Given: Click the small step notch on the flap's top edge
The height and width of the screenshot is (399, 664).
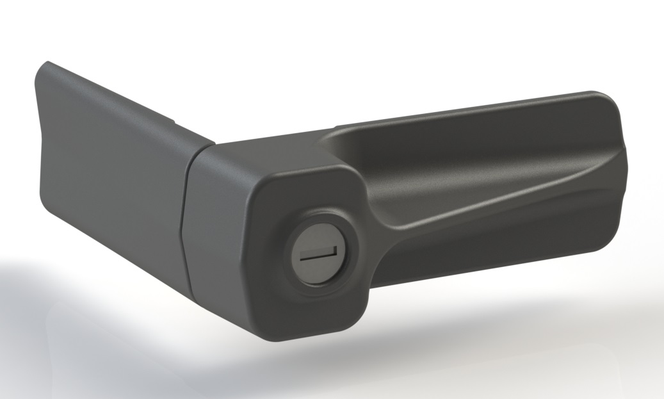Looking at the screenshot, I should click(x=174, y=119).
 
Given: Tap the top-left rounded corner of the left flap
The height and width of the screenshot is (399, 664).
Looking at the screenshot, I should click(x=47, y=65).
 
